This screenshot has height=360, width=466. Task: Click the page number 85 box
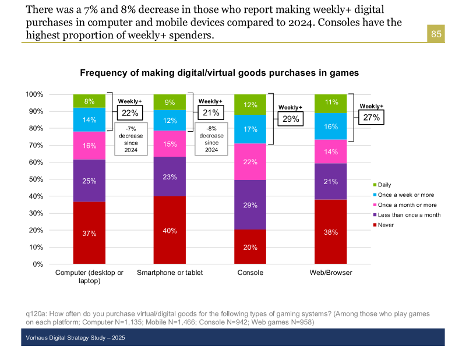[x=436, y=34]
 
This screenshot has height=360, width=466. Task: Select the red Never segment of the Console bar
[x=250, y=246]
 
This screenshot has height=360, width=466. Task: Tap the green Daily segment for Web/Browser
[x=330, y=103]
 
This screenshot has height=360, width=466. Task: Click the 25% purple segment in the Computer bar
[x=89, y=181]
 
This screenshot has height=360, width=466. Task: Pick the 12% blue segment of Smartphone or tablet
[x=170, y=121]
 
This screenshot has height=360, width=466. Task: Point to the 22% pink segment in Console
[x=250, y=162]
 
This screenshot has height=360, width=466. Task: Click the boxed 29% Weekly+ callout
[x=290, y=119]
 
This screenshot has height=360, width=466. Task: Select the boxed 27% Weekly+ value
[x=371, y=117]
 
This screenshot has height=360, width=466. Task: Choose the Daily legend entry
[x=388, y=185]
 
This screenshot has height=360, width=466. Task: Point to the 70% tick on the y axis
[x=35, y=145]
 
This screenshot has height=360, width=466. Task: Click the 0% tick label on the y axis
[x=37, y=264]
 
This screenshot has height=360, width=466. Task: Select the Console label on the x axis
[x=250, y=273]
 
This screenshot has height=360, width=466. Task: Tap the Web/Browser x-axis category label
[x=330, y=273]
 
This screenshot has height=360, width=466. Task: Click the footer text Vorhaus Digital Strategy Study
[x=75, y=338]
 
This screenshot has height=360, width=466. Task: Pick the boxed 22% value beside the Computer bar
[x=130, y=113]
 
